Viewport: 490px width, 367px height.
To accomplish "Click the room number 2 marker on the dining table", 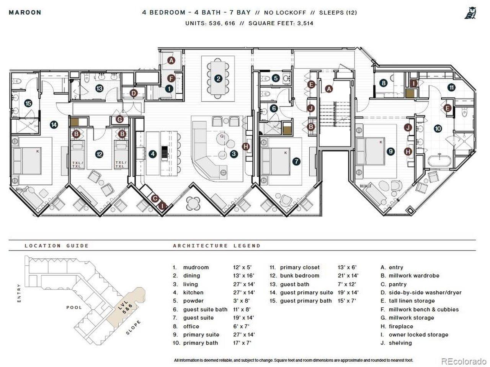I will (x=218, y=79).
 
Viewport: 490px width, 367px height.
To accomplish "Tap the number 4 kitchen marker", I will (x=153, y=154).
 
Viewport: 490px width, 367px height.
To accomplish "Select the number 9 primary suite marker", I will (x=390, y=151).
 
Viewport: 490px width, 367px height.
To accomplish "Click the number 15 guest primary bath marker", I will (x=28, y=103).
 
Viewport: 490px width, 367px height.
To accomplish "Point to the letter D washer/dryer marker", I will (x=133, y=93).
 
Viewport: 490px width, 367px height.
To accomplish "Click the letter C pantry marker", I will (x=155, y=198).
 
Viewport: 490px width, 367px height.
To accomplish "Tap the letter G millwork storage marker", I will (x=120, y=119).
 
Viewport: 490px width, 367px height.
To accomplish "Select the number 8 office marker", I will (x=384, y=83).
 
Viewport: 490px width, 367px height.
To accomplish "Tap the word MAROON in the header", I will (x=25, y=12).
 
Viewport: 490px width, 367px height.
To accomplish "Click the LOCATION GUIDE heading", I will (x=57, y=246).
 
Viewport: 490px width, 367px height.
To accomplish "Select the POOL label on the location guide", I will (x=74, y=307).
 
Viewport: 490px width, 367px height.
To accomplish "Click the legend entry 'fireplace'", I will (x=401, y=326).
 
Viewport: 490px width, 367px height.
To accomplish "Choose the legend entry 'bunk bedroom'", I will (x=299, y=276).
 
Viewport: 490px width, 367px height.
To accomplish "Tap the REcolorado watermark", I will (x=464, y=361).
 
